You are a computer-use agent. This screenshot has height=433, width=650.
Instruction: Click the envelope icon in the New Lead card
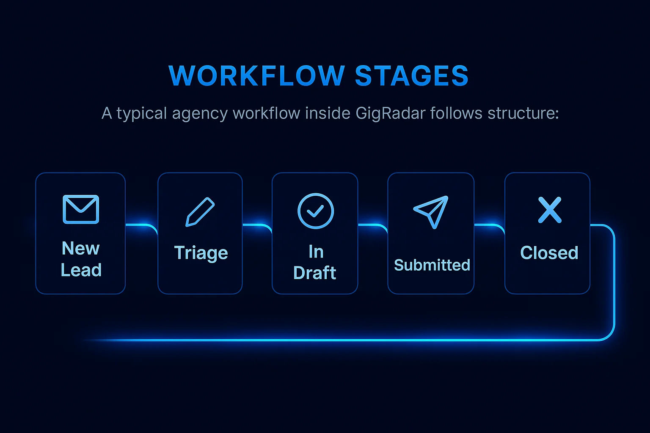(81, 209)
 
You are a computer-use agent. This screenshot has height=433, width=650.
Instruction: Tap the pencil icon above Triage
(200, 212)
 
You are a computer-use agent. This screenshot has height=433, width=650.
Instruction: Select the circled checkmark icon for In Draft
(316, 211)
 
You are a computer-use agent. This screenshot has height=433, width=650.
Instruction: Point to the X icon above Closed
(550, 210)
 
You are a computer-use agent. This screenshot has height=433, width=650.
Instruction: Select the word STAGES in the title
(411, 76)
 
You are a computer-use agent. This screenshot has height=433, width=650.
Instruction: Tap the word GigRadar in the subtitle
(390, 113)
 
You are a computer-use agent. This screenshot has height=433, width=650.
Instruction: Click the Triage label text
(201, 253)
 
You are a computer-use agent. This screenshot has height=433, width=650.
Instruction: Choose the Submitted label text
(432, 265)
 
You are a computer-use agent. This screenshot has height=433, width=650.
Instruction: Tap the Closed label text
(549, 253)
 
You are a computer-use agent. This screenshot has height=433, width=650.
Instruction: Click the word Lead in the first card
(81, 270)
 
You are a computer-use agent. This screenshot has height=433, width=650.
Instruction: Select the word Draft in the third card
(315, 273)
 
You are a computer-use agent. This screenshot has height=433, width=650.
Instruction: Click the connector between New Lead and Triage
(141, 226)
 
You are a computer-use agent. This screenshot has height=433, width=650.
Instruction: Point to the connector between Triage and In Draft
(257, 226)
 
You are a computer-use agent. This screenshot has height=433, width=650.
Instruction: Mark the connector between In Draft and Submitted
(373, 226)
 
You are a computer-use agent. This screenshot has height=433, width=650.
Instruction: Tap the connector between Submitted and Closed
(489, 226)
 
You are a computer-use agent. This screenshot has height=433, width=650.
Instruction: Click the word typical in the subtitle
(142, 114)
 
